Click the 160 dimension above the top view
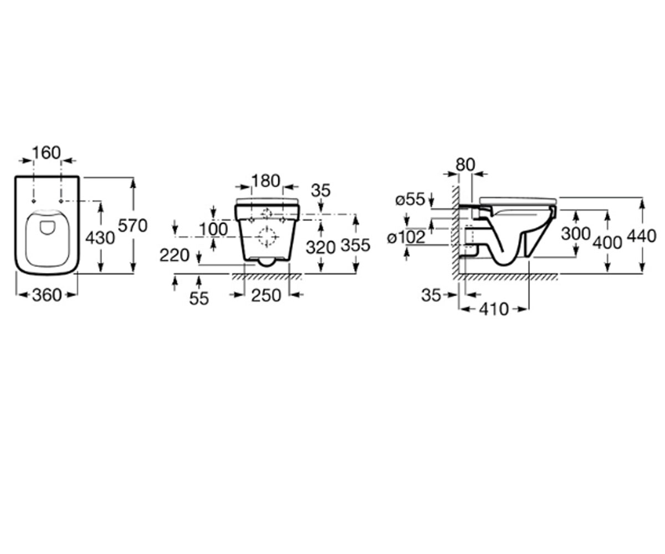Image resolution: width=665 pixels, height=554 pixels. [x=46, y=153]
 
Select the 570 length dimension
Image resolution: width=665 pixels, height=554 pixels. [x=132, y=226]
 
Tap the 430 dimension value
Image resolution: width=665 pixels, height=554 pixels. [x=100, y=238]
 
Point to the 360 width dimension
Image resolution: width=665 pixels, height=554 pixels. [x=47, y=295]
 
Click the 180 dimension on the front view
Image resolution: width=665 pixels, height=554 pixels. [x=266, y=181]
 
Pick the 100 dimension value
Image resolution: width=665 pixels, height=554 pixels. [x=213, y=229]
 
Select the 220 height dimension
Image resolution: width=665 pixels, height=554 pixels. [x=175, y=255]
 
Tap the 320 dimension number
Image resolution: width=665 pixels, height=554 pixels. [x=321, y=248]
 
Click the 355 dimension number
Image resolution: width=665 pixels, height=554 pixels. [x=355, y=245]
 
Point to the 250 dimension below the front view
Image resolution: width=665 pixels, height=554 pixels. [x=266, y=295]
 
